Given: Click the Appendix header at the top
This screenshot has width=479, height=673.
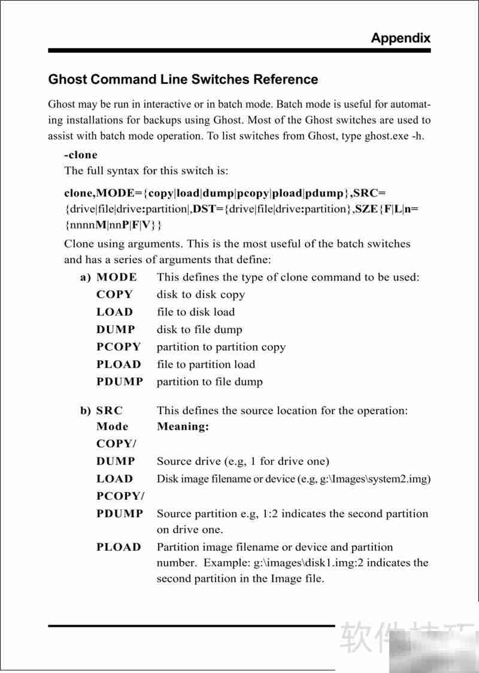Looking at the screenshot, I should click(400, 38).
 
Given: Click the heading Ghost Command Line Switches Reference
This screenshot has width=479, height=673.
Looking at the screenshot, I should click(183, 79).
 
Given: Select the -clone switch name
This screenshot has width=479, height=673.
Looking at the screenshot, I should click(80, 155).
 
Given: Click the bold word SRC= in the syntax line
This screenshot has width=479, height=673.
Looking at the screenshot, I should click(369, 193).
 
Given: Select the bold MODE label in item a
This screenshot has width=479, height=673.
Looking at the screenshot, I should click(116, 277).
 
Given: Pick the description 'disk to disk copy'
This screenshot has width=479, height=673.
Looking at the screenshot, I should click(201, 295).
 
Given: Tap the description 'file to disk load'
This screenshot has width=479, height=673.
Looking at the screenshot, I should click(196, 312).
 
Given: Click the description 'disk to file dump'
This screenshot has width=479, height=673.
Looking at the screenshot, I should click(199, 330).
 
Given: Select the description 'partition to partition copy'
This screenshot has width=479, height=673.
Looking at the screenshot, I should click(221, 347).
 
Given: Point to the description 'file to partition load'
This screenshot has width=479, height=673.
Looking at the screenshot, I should click(205, 364).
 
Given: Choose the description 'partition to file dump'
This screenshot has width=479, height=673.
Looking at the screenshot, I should click(210, 382).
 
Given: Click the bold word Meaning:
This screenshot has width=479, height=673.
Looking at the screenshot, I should click(183, 427).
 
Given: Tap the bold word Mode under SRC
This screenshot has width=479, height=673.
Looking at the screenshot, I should click(112, 427).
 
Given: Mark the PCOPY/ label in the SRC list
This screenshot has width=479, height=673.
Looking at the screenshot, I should click(120, 496).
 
